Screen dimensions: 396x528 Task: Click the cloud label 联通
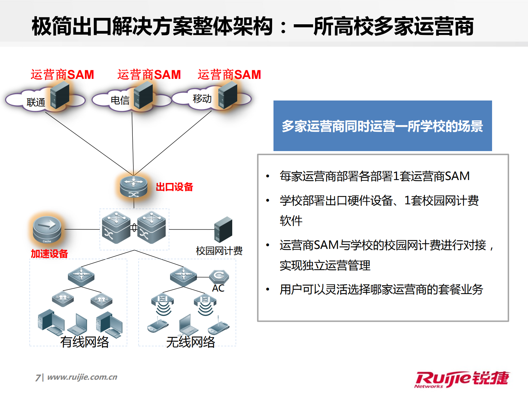[36, 102]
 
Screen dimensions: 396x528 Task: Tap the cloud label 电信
[120, 100]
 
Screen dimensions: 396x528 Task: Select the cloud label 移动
[202, 99]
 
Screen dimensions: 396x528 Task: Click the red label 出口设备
[174, 187]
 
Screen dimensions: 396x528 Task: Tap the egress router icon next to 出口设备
[134, 187]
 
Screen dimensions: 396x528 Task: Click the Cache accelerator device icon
[47, 229]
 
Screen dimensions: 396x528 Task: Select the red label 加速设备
[49, 254]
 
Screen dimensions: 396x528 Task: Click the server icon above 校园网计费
[223, 229]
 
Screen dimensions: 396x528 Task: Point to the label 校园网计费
[219, 251]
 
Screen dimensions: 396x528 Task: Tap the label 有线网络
[85, 342]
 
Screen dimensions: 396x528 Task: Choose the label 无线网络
[191, 342]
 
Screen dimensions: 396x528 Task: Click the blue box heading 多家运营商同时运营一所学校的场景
[382, 126]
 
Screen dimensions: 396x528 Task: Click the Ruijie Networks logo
[462, 379]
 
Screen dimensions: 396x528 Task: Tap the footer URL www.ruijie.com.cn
[82, 377]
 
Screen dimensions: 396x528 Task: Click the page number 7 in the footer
[38, 377]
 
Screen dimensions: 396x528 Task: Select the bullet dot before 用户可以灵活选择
[267, 290]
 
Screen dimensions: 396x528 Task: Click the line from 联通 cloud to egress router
[89, 144]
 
